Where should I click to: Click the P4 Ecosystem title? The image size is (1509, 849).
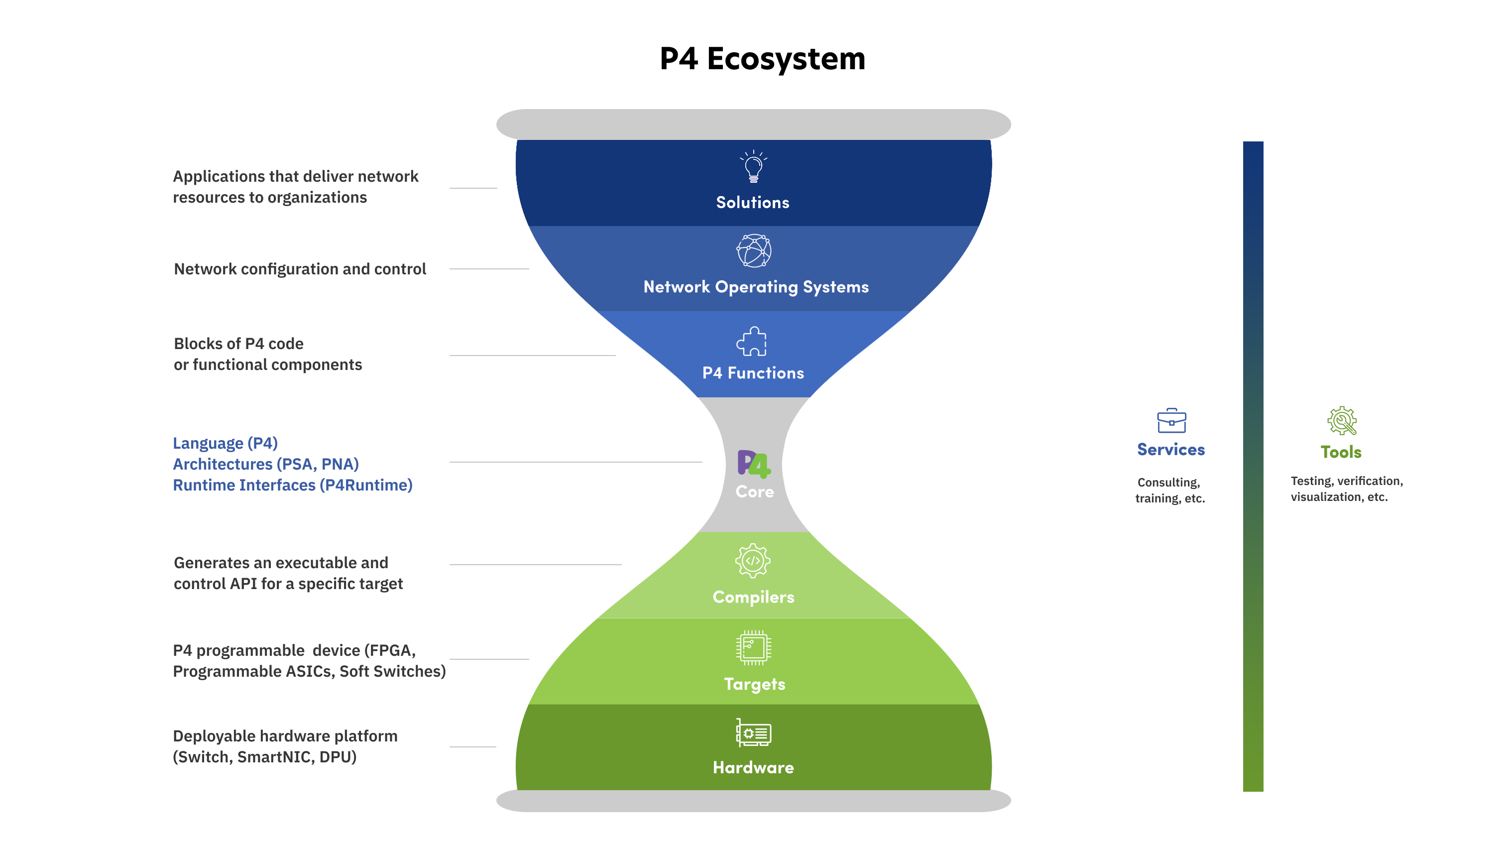tap(762, 59)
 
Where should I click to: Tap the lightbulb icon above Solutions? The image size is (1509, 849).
tap(753, 167)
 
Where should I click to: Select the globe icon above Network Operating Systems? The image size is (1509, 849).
tap(754, 251)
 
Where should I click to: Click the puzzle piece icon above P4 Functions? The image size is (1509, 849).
tap(752, 342)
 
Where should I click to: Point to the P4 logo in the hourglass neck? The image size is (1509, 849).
tap(753, 464)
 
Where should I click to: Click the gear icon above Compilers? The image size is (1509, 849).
tap(753, 561)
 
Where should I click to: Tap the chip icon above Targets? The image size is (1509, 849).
tap(753, 647)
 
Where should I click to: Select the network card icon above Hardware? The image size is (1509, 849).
tap(753, 732)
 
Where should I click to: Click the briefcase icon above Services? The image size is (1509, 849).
tap(1171, 421)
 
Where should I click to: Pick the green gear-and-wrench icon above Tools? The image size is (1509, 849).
tap(1341, 421)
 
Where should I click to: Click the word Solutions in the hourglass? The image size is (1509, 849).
tap(753, 203)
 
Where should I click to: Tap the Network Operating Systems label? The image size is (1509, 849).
tap(756, 287)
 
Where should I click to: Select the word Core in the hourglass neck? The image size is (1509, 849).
tap(755, 491)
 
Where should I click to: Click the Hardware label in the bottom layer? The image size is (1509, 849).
tap(753, 767)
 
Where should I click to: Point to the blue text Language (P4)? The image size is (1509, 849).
tap(225, 443)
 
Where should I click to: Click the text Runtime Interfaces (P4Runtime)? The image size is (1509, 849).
tap(292, 485)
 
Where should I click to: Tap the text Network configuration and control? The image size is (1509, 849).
tap(300, 269)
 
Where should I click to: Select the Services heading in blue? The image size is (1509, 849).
tap(1170, 450)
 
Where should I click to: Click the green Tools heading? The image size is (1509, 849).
tap(1341, 452)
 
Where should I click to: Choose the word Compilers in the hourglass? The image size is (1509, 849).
tap(753, 597)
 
